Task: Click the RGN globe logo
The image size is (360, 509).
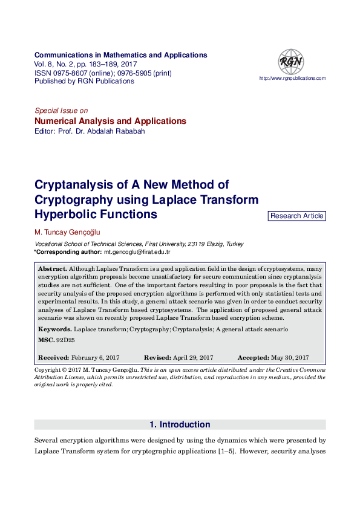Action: pyautogui.click(x=290, y=62)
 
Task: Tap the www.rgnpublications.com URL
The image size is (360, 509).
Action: pyautogui.click(x=292, y=79)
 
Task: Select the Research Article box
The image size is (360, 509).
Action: pyautogui.click(x=296, y=216)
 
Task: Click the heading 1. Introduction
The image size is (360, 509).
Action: pyautogui.click(x=180, y=424)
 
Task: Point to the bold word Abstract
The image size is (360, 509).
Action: pyautogui.click(x=51, y=268)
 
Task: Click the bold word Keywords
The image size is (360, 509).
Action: pyautogui.click(x=54, y=329)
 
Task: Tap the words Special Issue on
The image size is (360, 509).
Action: pyautogui.click(x=61, y=111)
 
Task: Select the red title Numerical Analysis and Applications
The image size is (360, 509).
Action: pyautogui.click(x=110, y=121)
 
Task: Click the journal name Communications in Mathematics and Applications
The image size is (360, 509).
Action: pyautogui.click(x=121, y=55)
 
